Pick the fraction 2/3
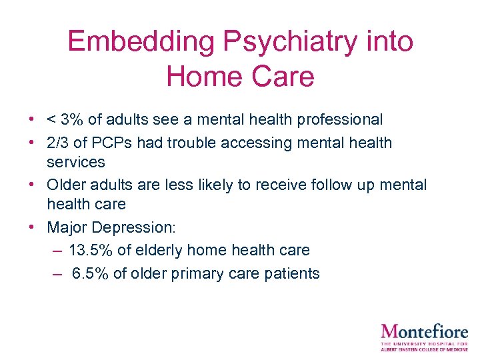57,142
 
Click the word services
76,162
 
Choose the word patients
293,273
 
